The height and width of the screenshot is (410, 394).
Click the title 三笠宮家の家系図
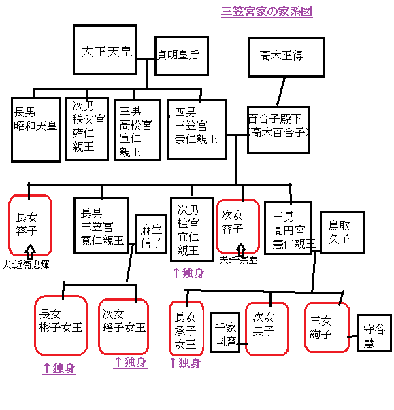click(x=267, y=12)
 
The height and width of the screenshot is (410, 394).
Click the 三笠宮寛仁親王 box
click(x=101, y=225)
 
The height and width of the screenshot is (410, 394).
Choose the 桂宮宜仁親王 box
click(x=191, y=228)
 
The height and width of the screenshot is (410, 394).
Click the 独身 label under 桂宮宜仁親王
click(x=188, y=273)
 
